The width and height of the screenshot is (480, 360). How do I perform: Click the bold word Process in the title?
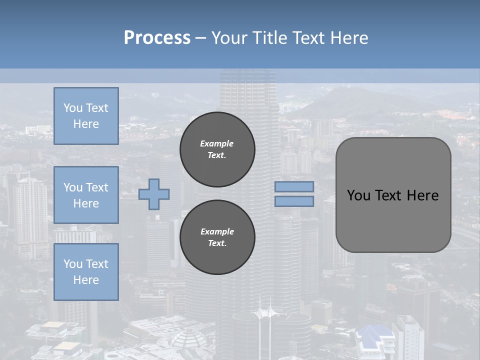[157, 38]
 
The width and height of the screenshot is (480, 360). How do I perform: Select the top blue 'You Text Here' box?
[86, 116]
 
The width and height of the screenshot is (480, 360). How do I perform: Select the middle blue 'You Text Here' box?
[86, 195]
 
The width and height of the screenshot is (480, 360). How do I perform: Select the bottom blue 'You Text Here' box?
[86, 272]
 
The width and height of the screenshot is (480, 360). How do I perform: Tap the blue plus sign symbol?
[154, 194]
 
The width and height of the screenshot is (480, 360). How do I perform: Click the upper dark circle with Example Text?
[217, 149]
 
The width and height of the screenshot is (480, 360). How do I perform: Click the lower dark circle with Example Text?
[217, 237]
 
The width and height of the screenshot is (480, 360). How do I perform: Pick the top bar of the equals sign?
[294, 186]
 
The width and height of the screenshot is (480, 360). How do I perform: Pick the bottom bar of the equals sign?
[294, 201]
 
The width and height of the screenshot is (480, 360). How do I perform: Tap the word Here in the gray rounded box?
[422, 195]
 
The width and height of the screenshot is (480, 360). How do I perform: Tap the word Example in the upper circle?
[217, 143]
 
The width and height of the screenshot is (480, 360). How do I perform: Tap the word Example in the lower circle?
[217, 231]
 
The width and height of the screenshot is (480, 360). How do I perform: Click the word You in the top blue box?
[72, 108]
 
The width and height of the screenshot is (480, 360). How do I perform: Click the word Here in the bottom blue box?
[86, 280]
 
